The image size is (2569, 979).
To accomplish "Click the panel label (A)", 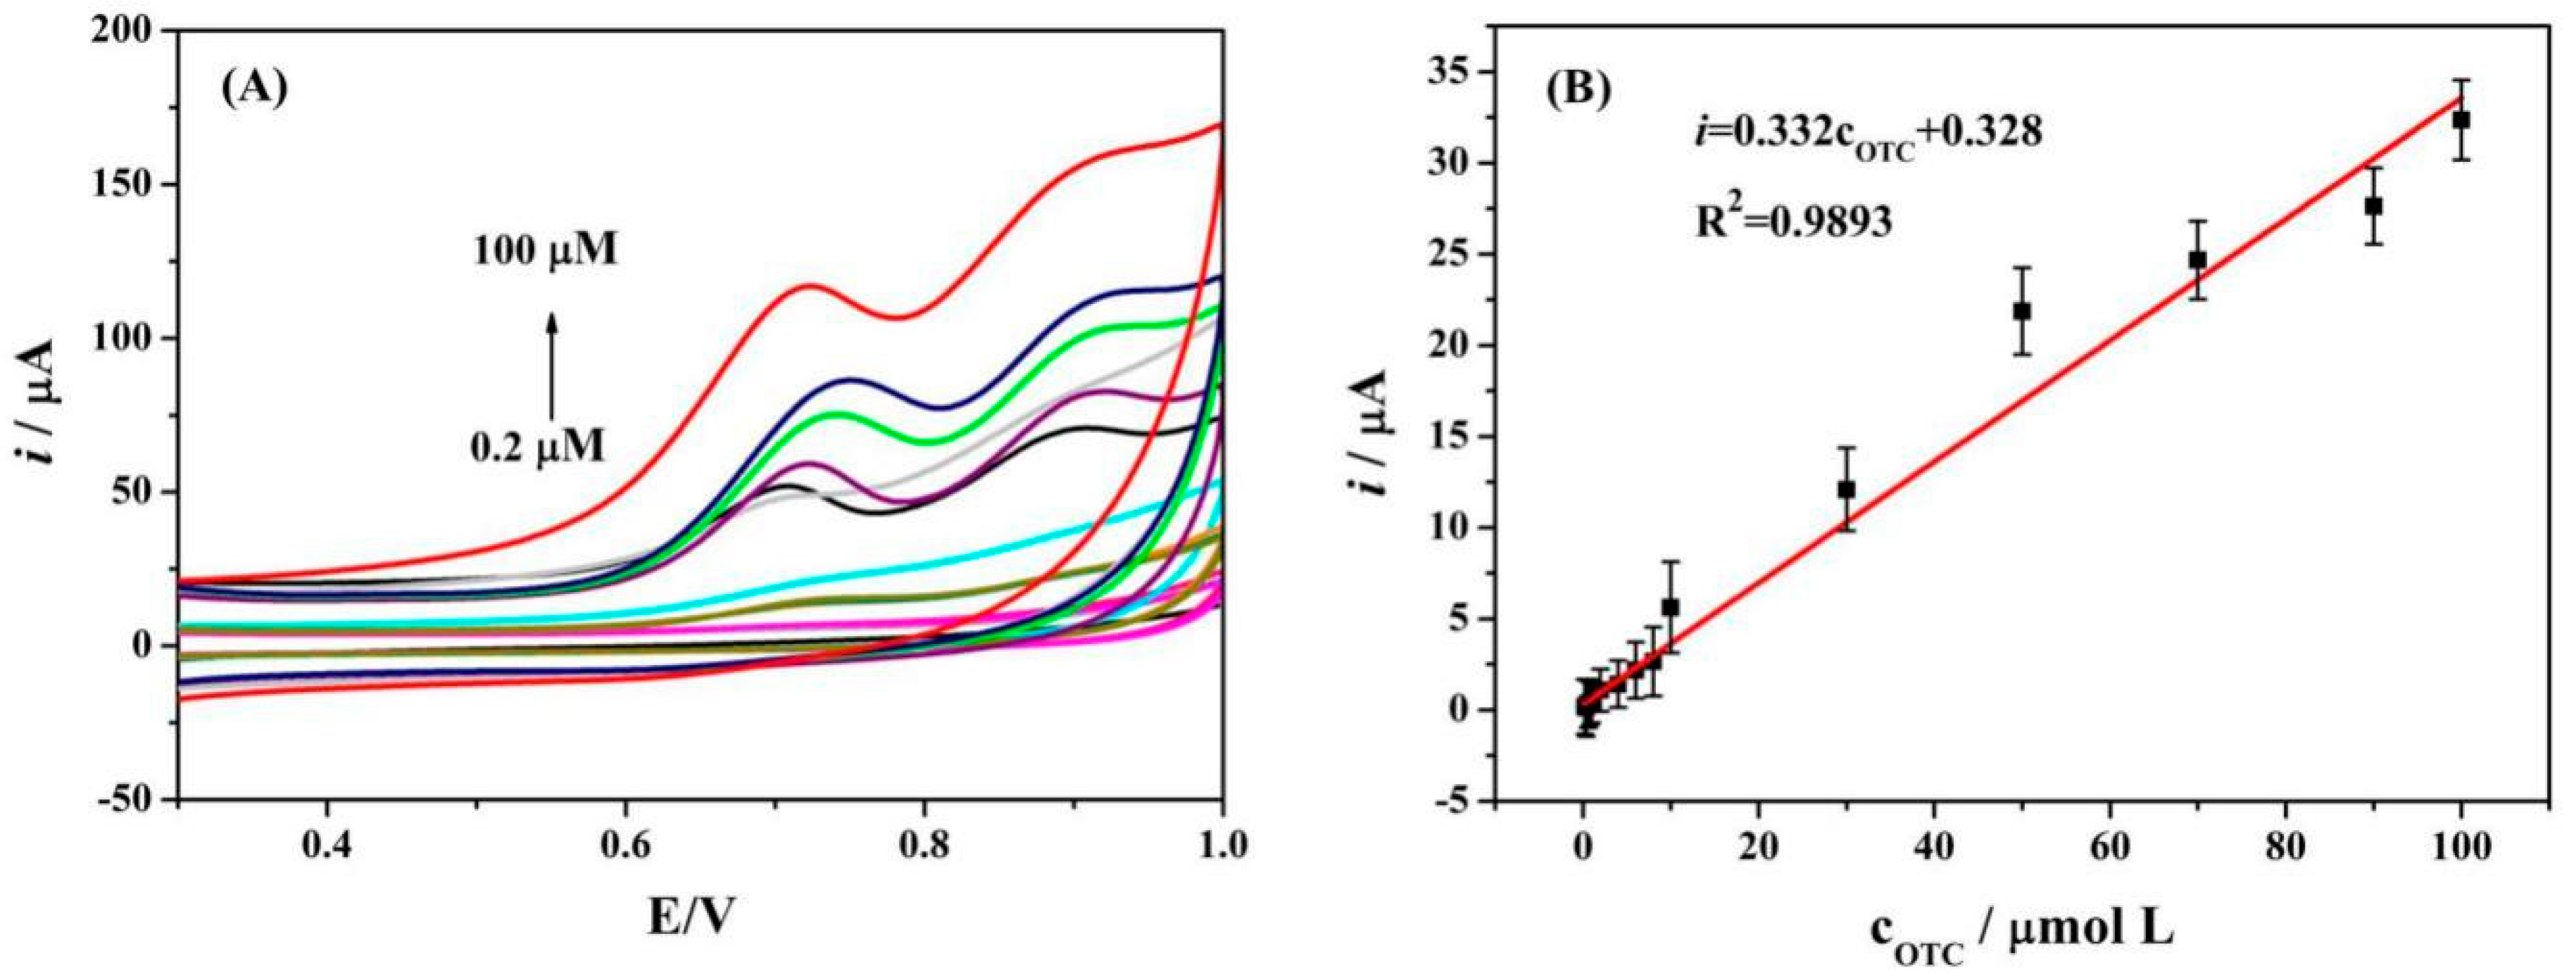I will click(253, 89).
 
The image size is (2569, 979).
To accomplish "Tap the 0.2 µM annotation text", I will click(538, 448).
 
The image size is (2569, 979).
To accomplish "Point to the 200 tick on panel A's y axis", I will click(137, 32).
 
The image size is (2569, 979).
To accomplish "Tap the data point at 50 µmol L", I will click(2023, 311).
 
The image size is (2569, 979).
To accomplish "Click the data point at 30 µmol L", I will click(1846, 490).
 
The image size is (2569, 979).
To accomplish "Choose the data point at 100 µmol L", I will click(2461, 148).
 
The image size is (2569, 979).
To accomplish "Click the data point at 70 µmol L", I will click(2197, 259).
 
